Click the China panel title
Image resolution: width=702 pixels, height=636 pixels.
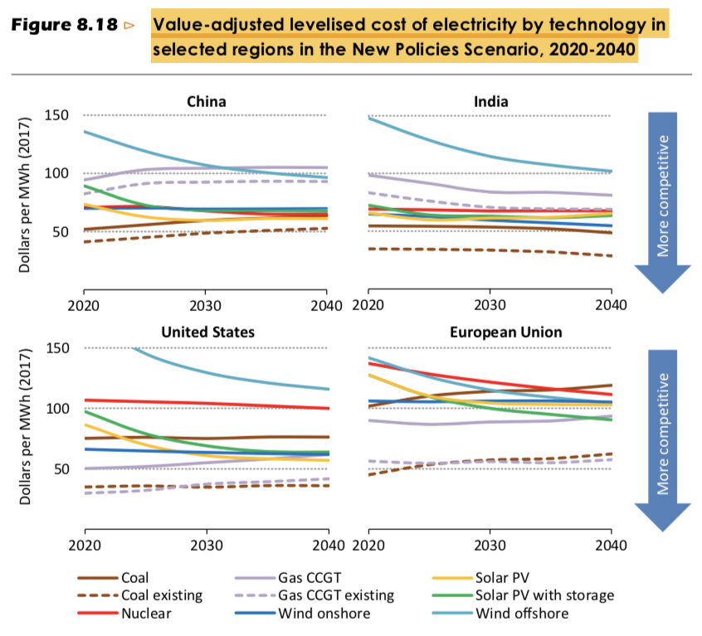206,102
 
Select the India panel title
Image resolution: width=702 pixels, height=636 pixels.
491,102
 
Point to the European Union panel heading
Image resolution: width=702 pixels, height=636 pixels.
505,333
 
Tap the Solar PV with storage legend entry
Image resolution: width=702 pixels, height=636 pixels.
544,595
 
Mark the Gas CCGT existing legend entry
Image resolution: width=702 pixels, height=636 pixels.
336,595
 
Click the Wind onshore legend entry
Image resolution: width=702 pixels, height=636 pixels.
324,614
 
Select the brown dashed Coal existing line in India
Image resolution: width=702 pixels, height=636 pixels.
490,250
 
